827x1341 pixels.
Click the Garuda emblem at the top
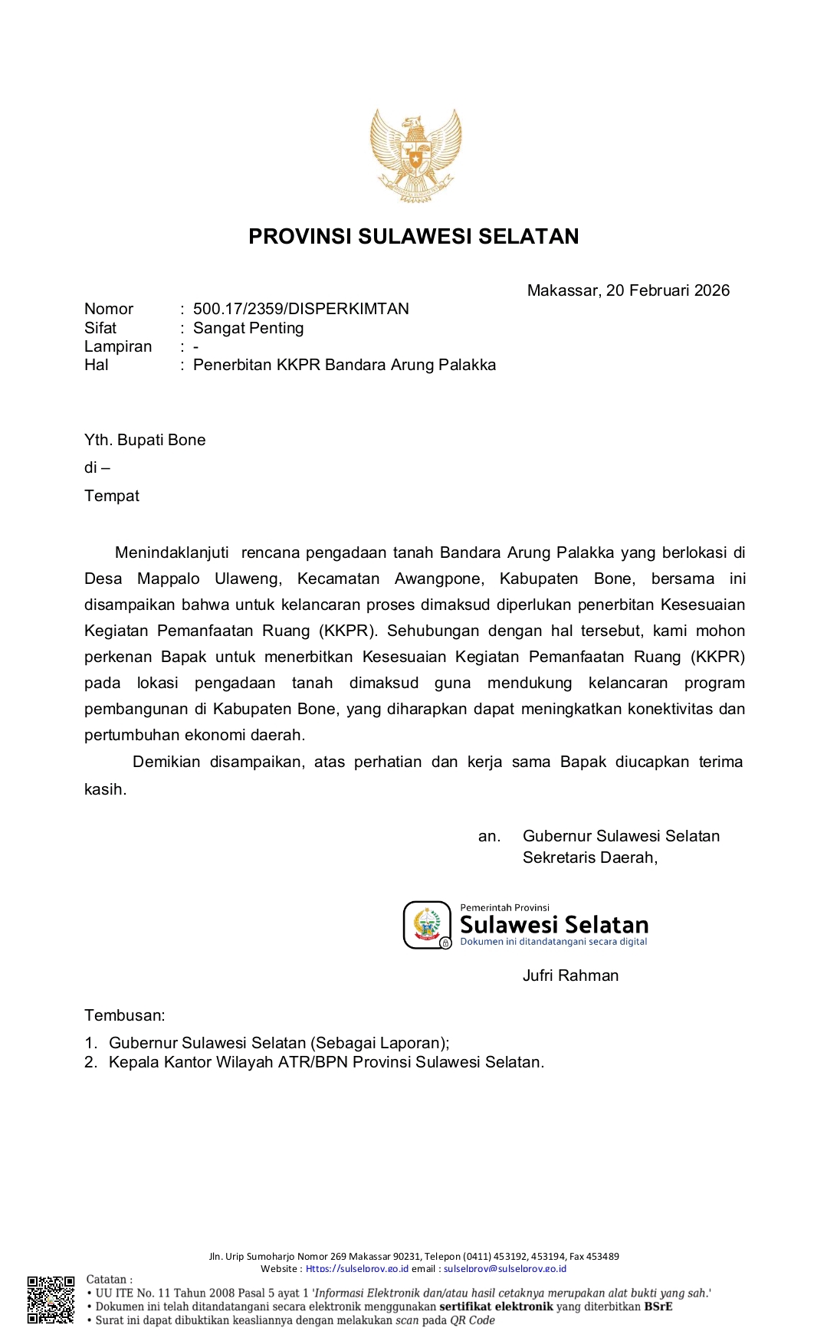point(415,156)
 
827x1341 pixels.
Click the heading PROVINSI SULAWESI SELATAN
point(413,236)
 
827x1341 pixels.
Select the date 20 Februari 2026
point(668,290)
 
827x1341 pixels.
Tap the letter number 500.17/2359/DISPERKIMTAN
point(300,309)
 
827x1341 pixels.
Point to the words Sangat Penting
point(248,328)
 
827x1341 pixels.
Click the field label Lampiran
point(118,346)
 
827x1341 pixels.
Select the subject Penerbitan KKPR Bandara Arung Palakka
point(344,365)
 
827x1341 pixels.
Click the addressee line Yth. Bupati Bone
point(145,440)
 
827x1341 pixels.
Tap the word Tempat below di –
point(112,496)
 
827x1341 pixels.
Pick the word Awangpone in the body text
point(439,579)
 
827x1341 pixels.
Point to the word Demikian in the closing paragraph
point(166,762)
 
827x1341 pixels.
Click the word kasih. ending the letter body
point(105,789)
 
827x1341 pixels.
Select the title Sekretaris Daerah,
point(590,857)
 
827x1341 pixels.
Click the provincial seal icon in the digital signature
point(427,924)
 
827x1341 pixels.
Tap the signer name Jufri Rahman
point(570,975)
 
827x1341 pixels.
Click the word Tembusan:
point(125,1015)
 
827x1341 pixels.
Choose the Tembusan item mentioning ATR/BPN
point(326,1062)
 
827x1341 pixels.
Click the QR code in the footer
point(51,1300)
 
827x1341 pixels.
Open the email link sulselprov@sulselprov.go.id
point(505,1268)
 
